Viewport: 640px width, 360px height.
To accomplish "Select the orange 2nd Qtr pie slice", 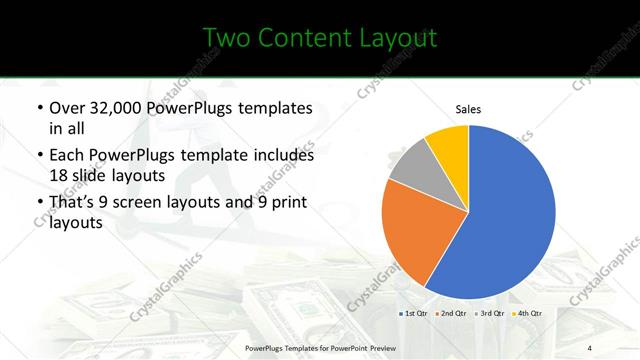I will (x=412, y=232).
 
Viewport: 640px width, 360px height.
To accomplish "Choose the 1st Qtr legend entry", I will (x=416, y=313).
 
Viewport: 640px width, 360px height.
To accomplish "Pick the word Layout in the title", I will (x=403, y=38).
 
